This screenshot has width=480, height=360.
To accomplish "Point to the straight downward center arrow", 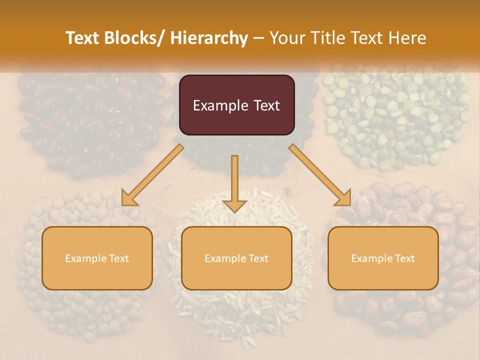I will coord(234,183).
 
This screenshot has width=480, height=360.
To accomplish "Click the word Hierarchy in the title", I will coord(209,38).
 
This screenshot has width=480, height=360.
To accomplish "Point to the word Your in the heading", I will coord(287,38).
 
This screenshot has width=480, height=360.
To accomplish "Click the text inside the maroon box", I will coord(236,105).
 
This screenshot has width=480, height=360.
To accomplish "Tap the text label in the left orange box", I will coord(97,258).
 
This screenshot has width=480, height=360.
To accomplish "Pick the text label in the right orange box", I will coord(383,258).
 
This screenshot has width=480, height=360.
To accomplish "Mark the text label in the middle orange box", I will coord(236,258).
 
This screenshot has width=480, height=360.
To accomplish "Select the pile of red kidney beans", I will coord(90,120).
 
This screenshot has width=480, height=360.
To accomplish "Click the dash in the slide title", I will coord(258,38).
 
